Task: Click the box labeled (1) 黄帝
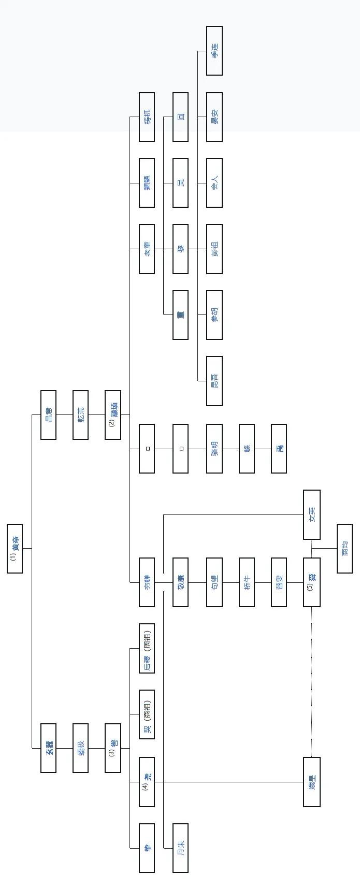click(x=15, y=549)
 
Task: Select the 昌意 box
click(x=48, y=415)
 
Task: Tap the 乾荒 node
click(x=80, y=415)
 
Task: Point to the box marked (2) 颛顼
click(x=113, y=415)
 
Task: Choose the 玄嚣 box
click(x=48, y=748)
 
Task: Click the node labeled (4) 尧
click(x=147, y=782)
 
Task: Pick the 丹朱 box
click(x=180, y=848)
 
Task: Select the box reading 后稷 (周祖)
click(x=147, y=648)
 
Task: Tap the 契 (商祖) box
click(x=147, y=715)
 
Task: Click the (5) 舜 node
click(x=311, y=582)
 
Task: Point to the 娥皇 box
click(x=311, y=782)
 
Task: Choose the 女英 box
click(x=311, y=514)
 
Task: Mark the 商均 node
click(x=344, y=549)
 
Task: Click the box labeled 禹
click(x=279, y=448)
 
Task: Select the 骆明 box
click(x=214, y=448)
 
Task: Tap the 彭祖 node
click(x=214, y=249)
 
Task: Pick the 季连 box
click(x=214, y=51)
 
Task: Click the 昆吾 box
click(x=214, y=381)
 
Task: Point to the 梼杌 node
click(x=147, y=117)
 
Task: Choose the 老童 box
click(x=147, y=249)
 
